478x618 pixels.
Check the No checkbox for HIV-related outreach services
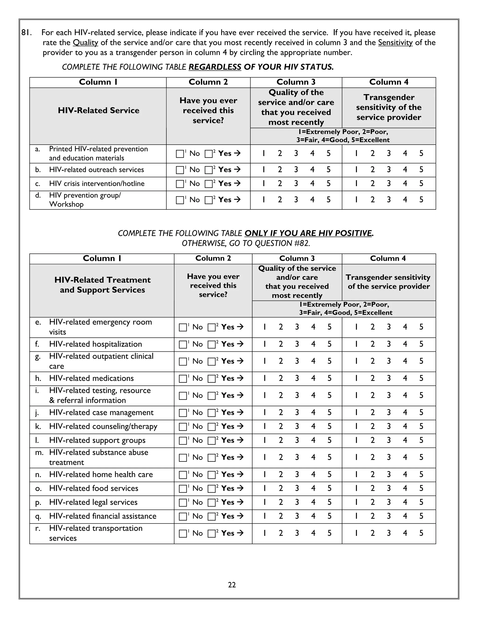[x=180, y=170]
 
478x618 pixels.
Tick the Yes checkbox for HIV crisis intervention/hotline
[x=209, y=184]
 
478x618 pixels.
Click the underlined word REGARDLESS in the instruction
[x=215, y=67]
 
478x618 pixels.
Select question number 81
[x=26, y=33]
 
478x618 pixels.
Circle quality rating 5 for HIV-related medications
[x=329, y=378]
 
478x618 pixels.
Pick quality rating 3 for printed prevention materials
[x=296, y=153]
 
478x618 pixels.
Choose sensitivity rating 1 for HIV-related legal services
[x=356, y=502]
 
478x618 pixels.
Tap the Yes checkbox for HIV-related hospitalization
[x=211, y=345]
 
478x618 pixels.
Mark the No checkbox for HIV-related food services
[x=183, y=489]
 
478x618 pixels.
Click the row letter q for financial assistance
[x=38, y=516]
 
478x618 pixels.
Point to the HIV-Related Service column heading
[x=98, y=110]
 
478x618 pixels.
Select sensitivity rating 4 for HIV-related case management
[x=405, y=413]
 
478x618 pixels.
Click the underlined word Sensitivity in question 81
[x=395, y=43]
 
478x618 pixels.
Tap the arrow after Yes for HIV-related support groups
[x=240, y=440]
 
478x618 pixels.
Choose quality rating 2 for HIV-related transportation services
[x=281, y=533]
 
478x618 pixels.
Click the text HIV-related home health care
[x=101, y=475]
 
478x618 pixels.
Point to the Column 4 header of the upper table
[x=389, y=82]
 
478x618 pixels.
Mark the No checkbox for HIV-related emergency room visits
[x=183, y=327]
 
